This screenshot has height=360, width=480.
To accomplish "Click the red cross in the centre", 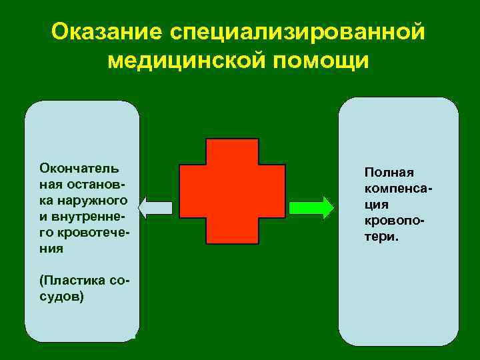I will [231, 191].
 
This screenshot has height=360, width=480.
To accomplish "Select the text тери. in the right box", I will [381, 236].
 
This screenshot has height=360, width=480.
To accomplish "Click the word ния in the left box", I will [51, 248].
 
